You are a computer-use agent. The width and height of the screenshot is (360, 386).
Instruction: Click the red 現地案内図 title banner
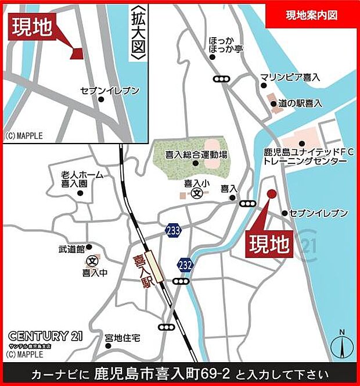tap(312, 15)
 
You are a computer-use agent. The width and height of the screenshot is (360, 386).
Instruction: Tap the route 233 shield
tap(172, 230)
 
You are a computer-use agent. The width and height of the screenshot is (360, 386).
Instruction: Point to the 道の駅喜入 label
tap(300, 103)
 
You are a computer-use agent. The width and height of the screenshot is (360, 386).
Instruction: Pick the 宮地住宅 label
tap(123, 338)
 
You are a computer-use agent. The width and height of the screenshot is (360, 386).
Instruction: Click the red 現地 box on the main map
tap(269, 245)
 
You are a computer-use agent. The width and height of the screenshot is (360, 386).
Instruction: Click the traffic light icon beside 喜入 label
tap(247, 203)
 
